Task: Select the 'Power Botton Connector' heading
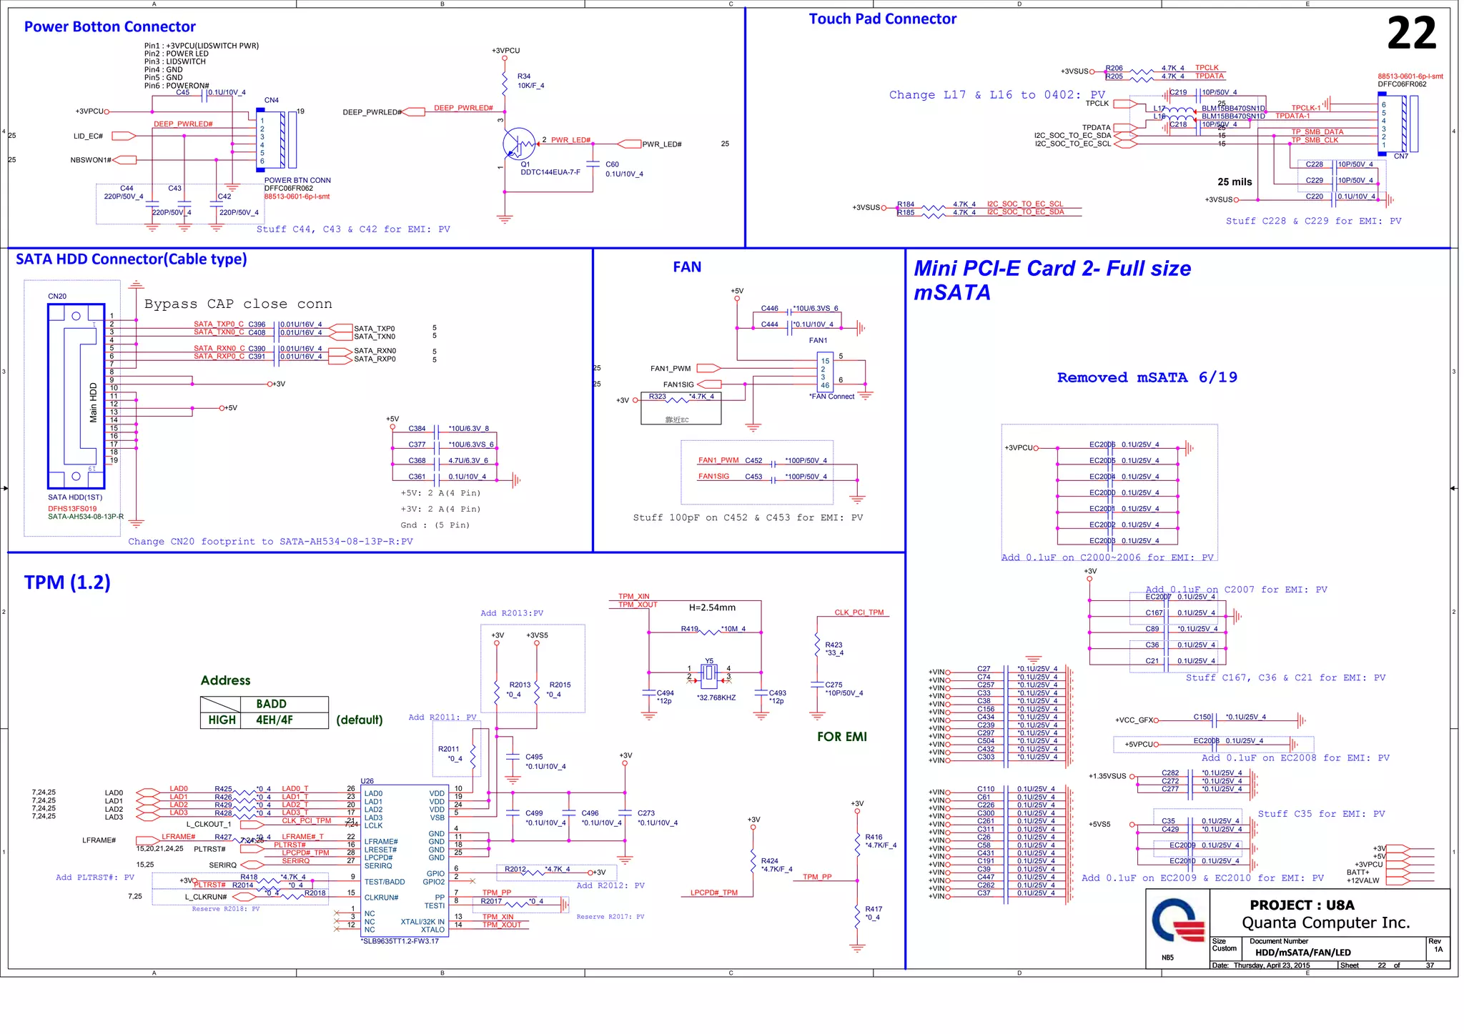point(109,27)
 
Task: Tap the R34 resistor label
point(524,76)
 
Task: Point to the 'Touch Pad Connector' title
point(882,19)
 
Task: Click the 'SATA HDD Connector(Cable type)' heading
point(131,259)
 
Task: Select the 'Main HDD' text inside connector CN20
point(93,402)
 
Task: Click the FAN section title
point(686,267)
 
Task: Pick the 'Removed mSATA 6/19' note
point(1147,377)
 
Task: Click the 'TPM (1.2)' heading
point(67,582)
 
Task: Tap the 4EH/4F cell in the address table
point(274,720)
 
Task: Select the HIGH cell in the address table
point(222,720)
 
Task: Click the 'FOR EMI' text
point(841,737)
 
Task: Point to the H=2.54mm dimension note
point(711,607)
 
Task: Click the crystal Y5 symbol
point(708,672)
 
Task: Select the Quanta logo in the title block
point(1177,923)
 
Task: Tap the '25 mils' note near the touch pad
point(1235,182)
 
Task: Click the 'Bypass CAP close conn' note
point(237,304)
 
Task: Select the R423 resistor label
point(833,645)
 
